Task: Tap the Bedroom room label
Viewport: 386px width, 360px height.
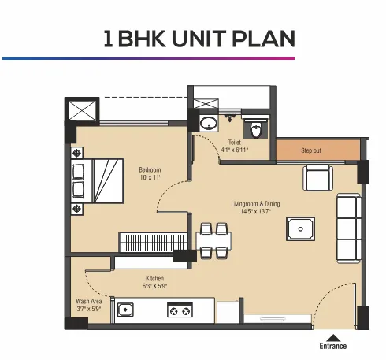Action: [150, 170]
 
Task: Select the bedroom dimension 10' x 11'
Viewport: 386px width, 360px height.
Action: [150, 179]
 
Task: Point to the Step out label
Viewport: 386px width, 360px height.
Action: [312, 150]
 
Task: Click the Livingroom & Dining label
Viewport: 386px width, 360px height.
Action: [255, 204]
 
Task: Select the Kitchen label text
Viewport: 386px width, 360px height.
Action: [154, 278]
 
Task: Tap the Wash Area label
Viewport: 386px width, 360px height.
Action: [87, 300]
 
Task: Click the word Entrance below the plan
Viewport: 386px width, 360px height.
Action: [332, 346]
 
